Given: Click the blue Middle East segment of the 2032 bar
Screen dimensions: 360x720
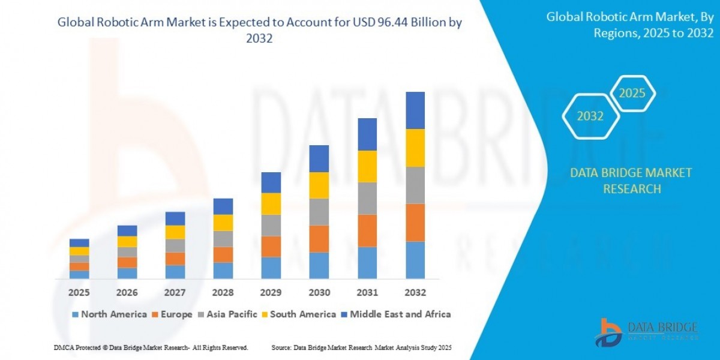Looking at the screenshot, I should pos(415,110).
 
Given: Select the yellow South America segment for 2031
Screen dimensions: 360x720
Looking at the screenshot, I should pos(367,166).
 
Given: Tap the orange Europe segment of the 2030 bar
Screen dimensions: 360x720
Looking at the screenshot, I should pos(319,238).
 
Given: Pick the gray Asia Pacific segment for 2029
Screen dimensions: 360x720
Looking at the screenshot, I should pos(271,225).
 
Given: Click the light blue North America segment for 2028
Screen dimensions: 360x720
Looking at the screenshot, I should pos(223,270).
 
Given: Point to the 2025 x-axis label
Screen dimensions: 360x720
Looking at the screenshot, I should pos(79,293).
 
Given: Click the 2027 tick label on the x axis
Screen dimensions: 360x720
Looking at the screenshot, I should pos(175,293).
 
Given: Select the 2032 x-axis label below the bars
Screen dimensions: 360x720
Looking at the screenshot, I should pos(415,293).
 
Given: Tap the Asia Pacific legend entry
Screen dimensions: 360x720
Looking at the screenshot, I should pos(228,314).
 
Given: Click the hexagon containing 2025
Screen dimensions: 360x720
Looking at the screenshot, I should pos(632,94).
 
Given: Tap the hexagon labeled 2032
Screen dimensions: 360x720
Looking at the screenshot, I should pos(590,116).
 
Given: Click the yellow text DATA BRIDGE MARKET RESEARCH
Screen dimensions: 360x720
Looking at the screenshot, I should pos(631,181).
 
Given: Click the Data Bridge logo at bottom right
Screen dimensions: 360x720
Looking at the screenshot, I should pos(646,332).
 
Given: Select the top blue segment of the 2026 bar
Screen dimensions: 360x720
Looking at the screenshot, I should pos(127,230).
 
